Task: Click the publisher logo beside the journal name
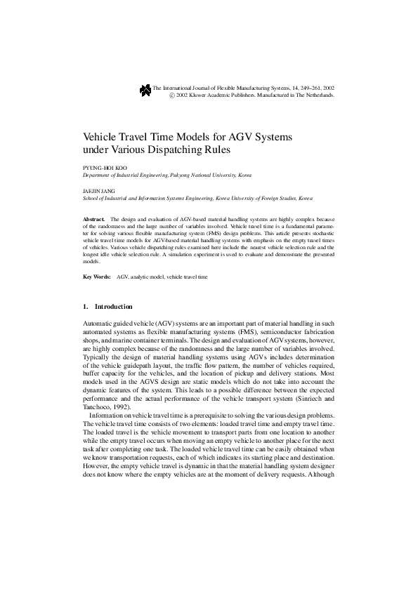click(145, 89)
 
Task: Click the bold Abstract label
click(93, 220)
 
